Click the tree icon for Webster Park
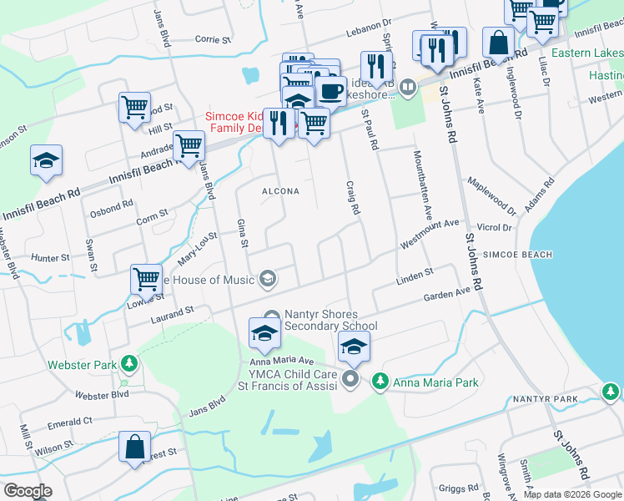coord(128,362)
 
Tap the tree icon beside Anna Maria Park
coord(380,381)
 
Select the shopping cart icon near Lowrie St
coord(146,279)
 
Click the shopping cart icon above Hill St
coord(134,107)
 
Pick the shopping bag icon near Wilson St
coord(134,447)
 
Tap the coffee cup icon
coord(331,90)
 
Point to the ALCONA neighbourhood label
coord(280,191)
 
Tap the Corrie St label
coord(212,38)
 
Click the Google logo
coord(28,491)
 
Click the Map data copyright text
coord(572,494)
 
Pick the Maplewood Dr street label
coord(491,192)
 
